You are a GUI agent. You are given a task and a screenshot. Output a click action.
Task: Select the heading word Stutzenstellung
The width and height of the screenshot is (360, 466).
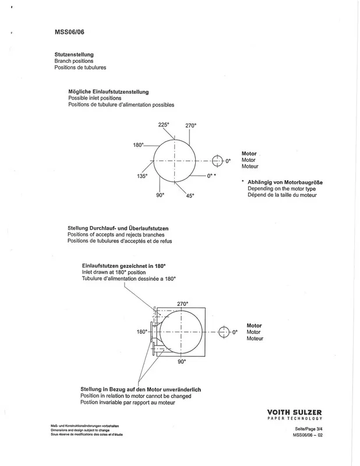pos(74,54)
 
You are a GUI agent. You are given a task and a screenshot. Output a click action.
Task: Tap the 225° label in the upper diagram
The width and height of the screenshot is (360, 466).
pos(163,124)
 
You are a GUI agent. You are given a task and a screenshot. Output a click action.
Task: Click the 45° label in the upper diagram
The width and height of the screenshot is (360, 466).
pos(190,196)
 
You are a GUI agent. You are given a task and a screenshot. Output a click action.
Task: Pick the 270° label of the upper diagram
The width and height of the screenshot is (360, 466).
pos(190,126)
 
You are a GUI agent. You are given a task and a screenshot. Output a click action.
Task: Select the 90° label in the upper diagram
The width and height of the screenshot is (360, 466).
pos(161,195)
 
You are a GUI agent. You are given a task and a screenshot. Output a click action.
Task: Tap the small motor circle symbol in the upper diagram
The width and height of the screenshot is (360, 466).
pos(217,160)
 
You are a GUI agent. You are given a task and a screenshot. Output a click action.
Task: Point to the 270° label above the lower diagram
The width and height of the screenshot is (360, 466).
pos(182,304)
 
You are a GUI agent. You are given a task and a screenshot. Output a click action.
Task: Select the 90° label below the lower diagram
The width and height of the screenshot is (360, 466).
pos(181,362)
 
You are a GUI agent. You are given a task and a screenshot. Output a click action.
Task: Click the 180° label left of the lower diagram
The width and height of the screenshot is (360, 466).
pos(142,332)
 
